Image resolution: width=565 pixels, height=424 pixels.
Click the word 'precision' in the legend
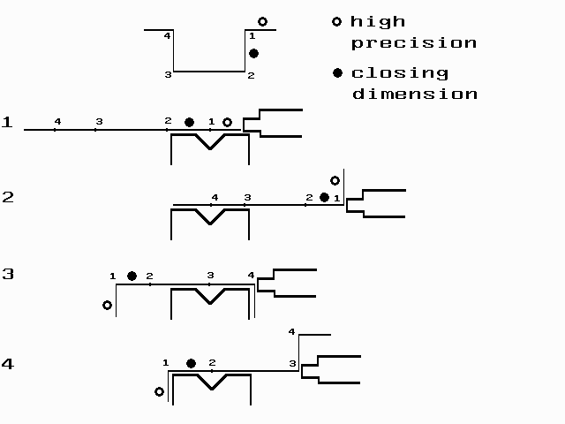coord(414,42)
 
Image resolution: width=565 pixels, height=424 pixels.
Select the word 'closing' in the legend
coord(400,72)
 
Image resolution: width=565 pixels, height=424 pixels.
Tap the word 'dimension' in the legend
coord(415,94)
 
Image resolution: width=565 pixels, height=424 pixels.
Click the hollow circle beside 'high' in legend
coord(336,21)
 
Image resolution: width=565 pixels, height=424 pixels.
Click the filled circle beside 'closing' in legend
coord(336,72)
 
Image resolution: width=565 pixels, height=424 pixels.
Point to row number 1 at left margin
coord(7,122)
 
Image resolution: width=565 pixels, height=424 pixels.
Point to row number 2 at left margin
coord(7,197)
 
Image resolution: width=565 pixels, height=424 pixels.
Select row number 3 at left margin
coord(7,274)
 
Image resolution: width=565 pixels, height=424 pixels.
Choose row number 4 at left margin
coord(7,363)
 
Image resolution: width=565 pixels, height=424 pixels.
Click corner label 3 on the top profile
coord(167,75)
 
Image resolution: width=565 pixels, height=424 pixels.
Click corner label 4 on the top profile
coord(167,36)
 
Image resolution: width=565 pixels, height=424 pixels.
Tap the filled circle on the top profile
coord(253,54)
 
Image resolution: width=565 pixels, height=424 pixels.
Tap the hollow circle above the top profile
coord(262,21)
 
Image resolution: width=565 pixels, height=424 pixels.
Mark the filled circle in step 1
coord(189,122)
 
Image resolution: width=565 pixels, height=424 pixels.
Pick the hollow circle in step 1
coord(227,123)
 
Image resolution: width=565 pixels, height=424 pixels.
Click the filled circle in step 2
coord(324,197)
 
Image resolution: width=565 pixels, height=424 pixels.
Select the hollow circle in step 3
coord(107,305)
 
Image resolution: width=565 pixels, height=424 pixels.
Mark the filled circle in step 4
coord(191,363)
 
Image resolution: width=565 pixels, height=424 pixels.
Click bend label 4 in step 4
coord(292,332)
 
